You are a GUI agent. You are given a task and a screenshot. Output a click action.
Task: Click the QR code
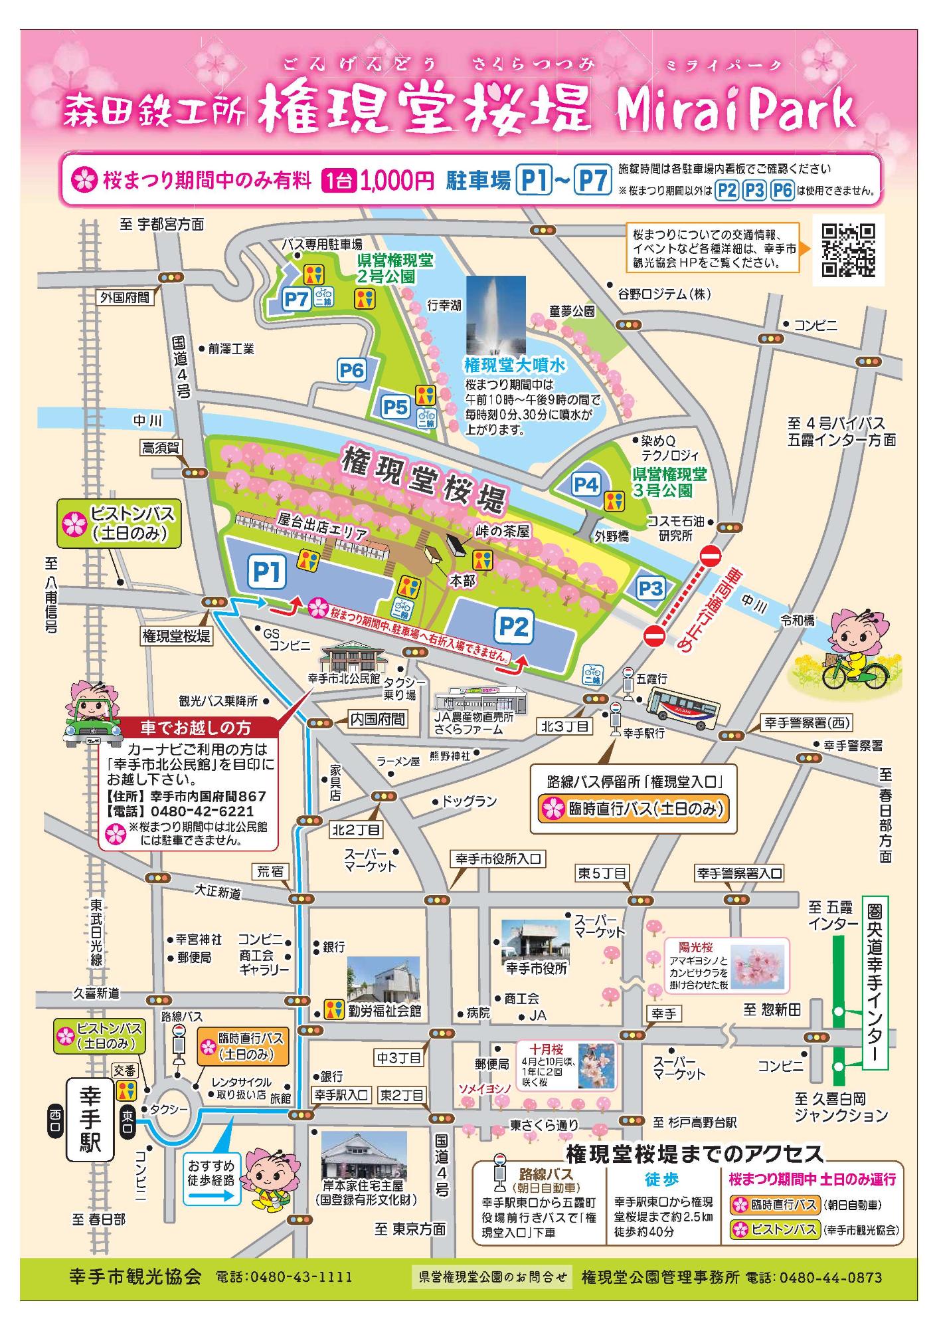[848, 250]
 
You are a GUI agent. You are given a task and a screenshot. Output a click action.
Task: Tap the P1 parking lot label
[267, 572]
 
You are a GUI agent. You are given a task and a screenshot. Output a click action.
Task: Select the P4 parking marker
[586, 484]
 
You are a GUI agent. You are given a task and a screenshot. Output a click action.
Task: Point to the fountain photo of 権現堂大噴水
[495, 315]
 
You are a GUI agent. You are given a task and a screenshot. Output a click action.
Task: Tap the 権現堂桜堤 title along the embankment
[424, 478]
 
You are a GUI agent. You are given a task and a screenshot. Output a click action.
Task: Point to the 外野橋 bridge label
[612, 536]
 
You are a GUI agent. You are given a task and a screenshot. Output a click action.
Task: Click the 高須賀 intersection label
[160, 448]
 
